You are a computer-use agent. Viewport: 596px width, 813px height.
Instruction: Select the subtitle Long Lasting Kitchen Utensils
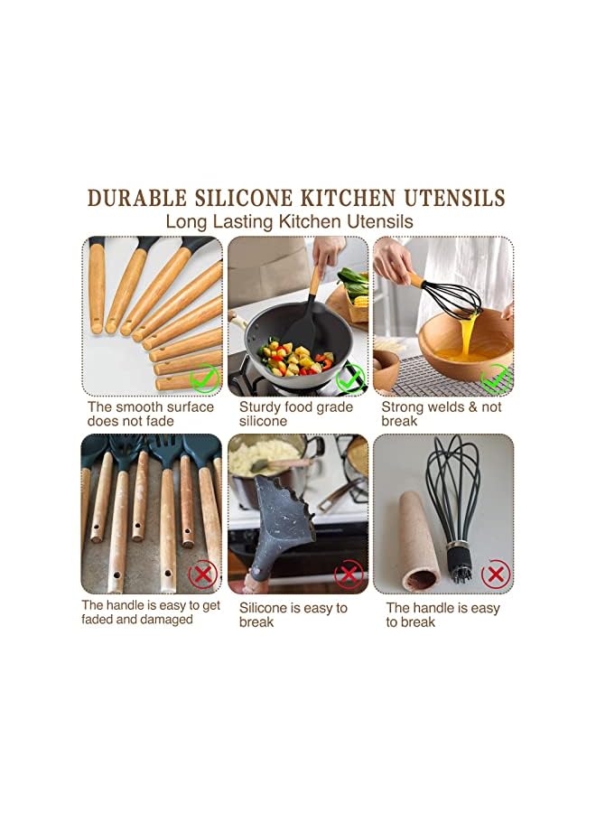[x=289, y=220]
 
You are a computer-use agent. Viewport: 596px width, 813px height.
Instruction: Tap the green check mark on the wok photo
[x=349, y=378]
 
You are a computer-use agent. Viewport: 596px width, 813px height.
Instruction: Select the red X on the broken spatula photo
[x=349, y=574]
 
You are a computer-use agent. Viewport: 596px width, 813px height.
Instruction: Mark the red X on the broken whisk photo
[x=495, y=574]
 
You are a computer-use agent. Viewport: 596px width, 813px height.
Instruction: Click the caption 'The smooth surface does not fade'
[x=151, y=414]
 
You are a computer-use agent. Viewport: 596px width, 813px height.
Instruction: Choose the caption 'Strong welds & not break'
[x=441, y=414]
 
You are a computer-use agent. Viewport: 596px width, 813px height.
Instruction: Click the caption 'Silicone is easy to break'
[x=293, y=614]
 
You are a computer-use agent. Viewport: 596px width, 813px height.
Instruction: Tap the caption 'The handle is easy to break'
[x=442, y=614]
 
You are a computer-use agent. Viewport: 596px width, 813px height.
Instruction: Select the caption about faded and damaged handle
[x=150, y=612]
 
